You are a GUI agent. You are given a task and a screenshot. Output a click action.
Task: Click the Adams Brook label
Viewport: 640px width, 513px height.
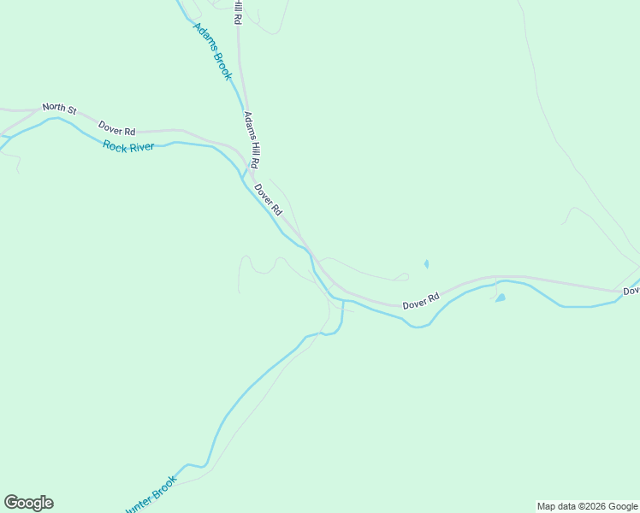pos(212,51)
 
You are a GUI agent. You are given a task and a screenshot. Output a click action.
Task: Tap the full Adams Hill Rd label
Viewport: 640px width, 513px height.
pos(252,139)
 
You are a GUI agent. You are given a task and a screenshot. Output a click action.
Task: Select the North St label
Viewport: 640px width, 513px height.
pos(60,109)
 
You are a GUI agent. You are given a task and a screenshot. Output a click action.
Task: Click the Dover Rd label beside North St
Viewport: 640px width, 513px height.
pos(116,128)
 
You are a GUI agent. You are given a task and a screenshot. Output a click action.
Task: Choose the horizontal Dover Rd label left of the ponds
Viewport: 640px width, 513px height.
pos(420,301)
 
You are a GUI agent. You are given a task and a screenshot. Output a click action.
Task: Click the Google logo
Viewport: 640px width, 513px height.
pos(28,503)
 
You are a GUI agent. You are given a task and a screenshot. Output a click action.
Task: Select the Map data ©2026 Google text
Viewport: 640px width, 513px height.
pos(587,506)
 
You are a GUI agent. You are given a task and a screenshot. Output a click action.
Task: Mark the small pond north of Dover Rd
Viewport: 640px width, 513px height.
pos(426,264)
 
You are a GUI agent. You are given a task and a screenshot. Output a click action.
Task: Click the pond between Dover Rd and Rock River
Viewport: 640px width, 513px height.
pos(500,298)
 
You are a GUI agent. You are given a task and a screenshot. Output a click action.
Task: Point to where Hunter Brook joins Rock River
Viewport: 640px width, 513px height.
pos(343,300)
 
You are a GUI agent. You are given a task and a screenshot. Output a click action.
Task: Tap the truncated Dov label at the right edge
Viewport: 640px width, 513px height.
pos(631,292)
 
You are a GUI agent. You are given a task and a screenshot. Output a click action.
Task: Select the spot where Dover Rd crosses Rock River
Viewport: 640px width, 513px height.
pos(313,256)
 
